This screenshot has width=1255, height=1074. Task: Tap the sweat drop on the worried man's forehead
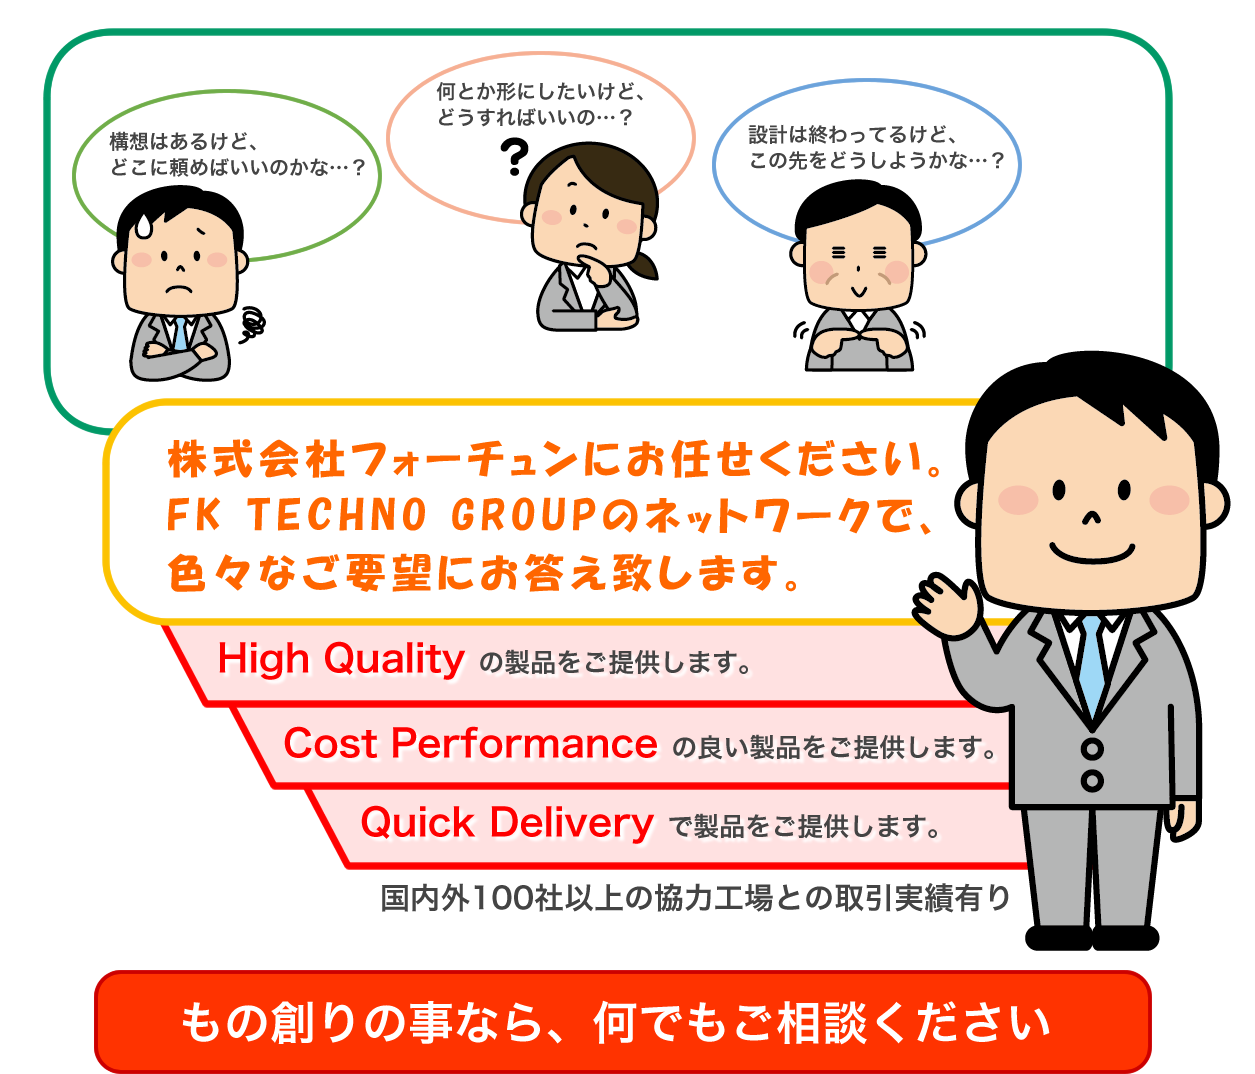[145, 225]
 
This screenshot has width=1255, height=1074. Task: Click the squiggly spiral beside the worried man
[253, 325]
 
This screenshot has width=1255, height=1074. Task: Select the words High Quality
[341, 659]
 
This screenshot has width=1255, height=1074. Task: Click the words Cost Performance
[471, 743]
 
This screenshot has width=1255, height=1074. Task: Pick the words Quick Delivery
[507, 823]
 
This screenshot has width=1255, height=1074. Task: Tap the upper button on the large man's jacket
[1092, 749]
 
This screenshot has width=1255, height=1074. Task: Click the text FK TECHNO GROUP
[381, 515]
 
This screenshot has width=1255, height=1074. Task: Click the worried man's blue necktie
[180, 334]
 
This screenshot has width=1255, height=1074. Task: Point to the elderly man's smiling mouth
[859, 291]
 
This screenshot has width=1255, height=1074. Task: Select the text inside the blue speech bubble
[876, 148]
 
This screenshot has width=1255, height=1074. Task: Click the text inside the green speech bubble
[237, 154]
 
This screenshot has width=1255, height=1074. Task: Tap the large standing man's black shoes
[1092, 937]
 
